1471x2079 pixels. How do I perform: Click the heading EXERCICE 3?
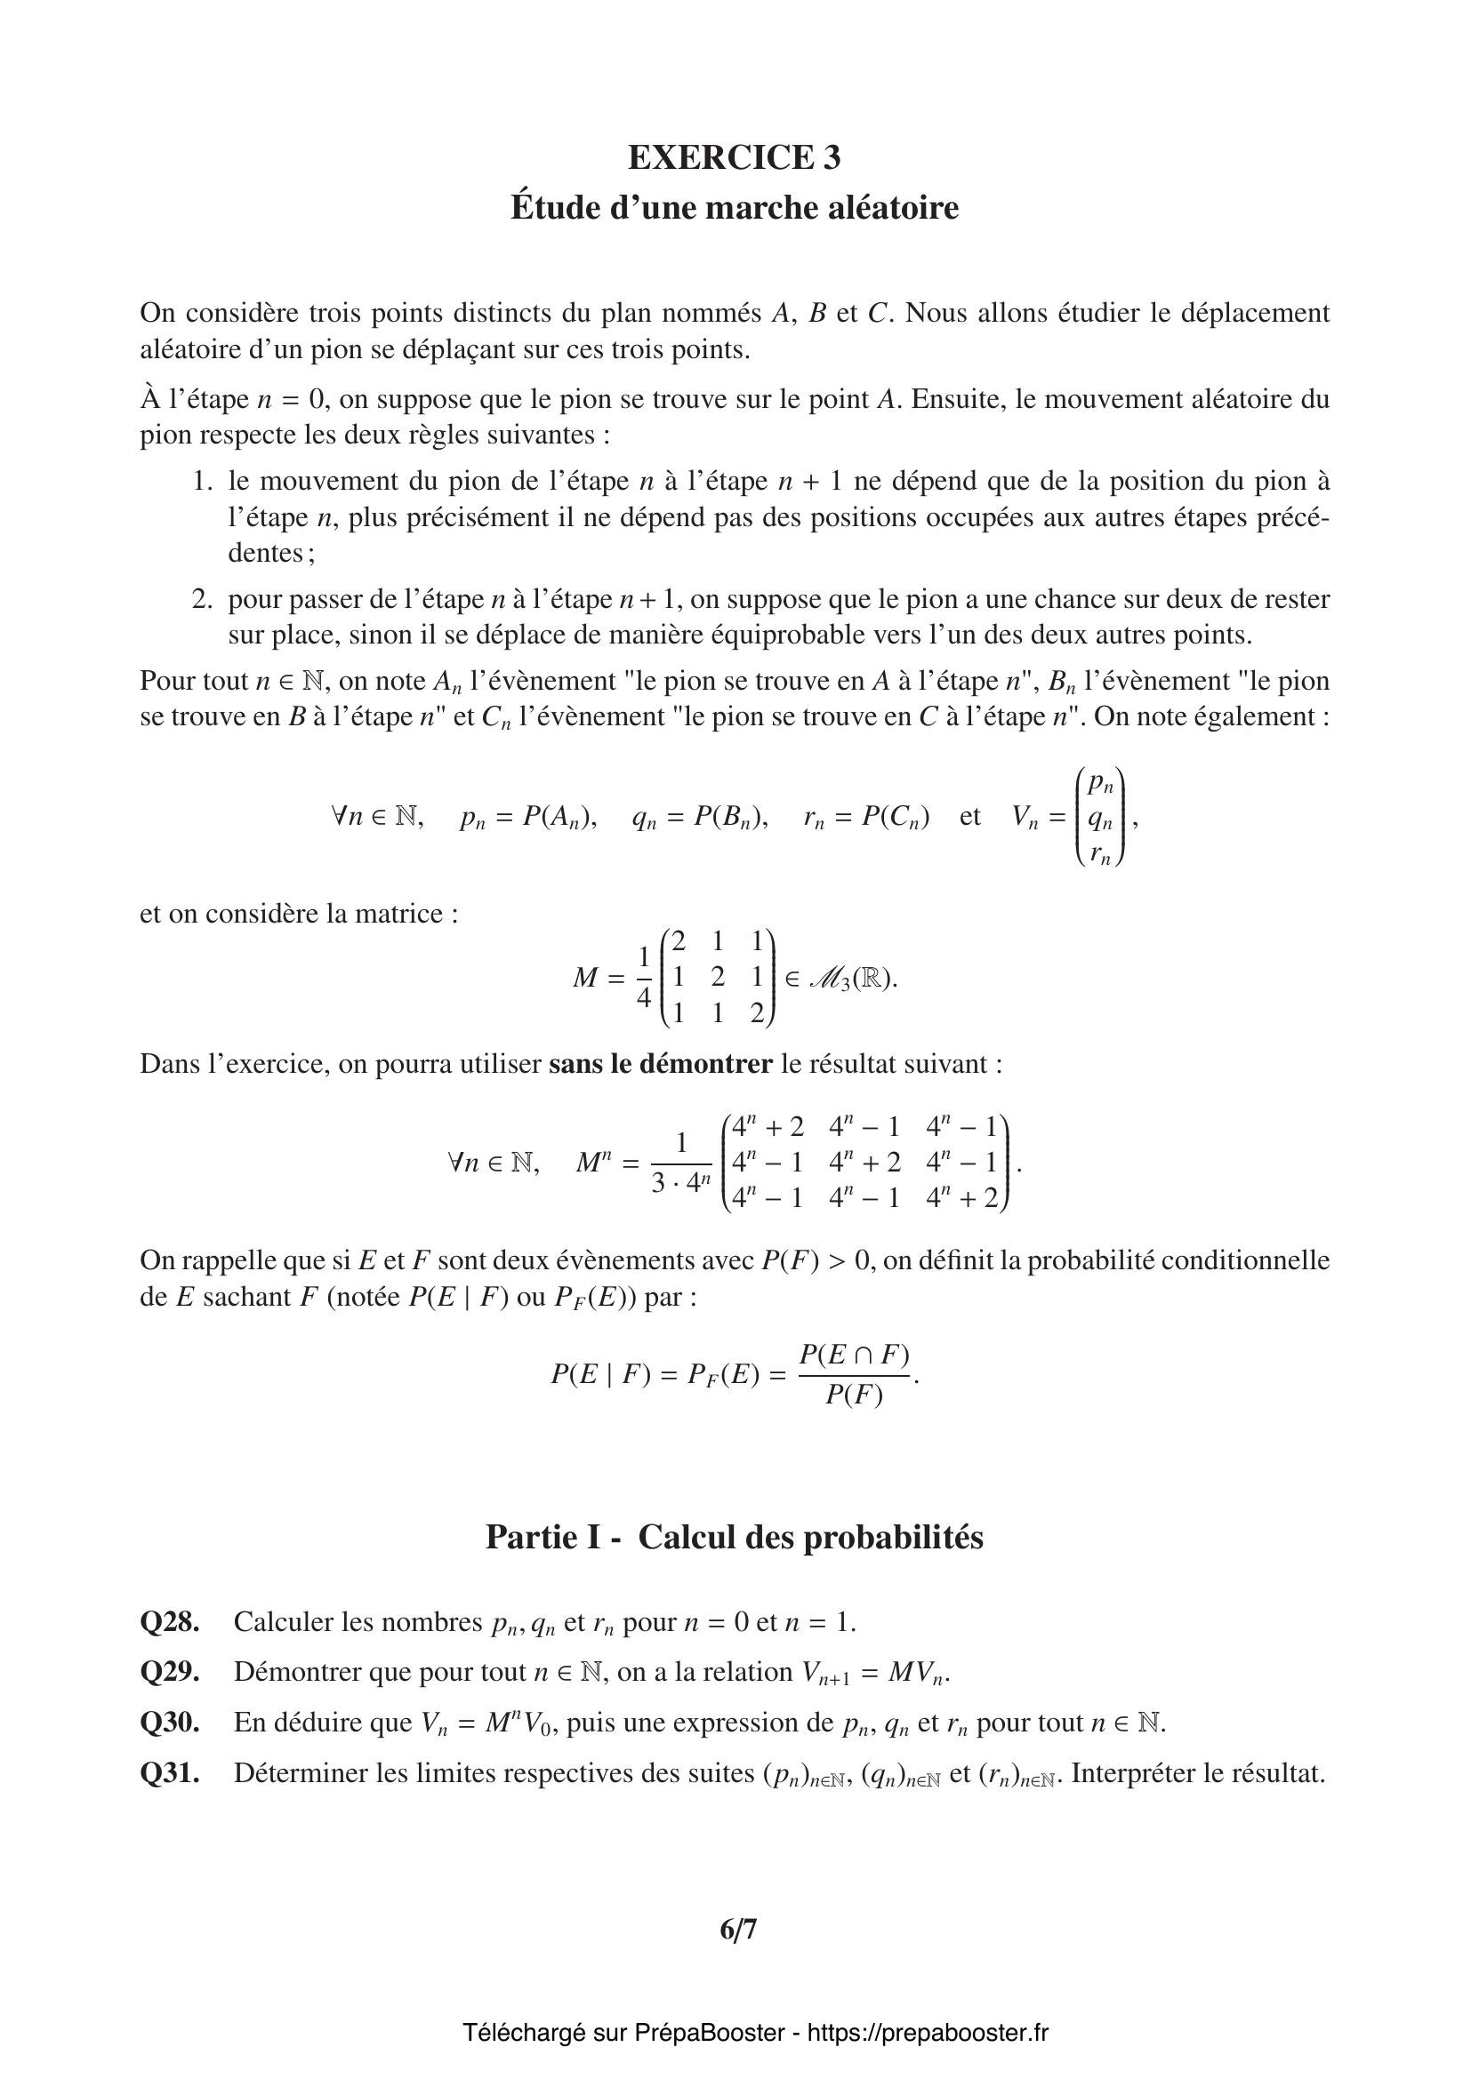pos(735,157)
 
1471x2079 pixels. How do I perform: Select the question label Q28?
pos(169,1622)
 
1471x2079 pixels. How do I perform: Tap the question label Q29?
pos(169,1672)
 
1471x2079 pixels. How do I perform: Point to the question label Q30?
pos(169,1723)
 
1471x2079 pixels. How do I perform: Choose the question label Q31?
pos(169,1773)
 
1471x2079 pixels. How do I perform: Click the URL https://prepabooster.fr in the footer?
pos(928,2033)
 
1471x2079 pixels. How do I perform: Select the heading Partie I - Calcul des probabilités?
pos(735,1538)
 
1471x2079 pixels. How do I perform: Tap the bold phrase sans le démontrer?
pos(660,1064)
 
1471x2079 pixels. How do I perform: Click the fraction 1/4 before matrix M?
pos(644,978)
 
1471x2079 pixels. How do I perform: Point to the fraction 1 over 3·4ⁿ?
pos(681,1163)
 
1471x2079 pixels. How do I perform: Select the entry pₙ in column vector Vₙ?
pos(1100,782)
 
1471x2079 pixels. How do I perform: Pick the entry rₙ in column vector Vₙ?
pos(1100,852)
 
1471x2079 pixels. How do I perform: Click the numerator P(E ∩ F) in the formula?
pos(854,1355)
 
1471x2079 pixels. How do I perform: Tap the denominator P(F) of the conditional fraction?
pos(854,1395)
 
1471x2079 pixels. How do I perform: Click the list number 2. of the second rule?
pos(202,599)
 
